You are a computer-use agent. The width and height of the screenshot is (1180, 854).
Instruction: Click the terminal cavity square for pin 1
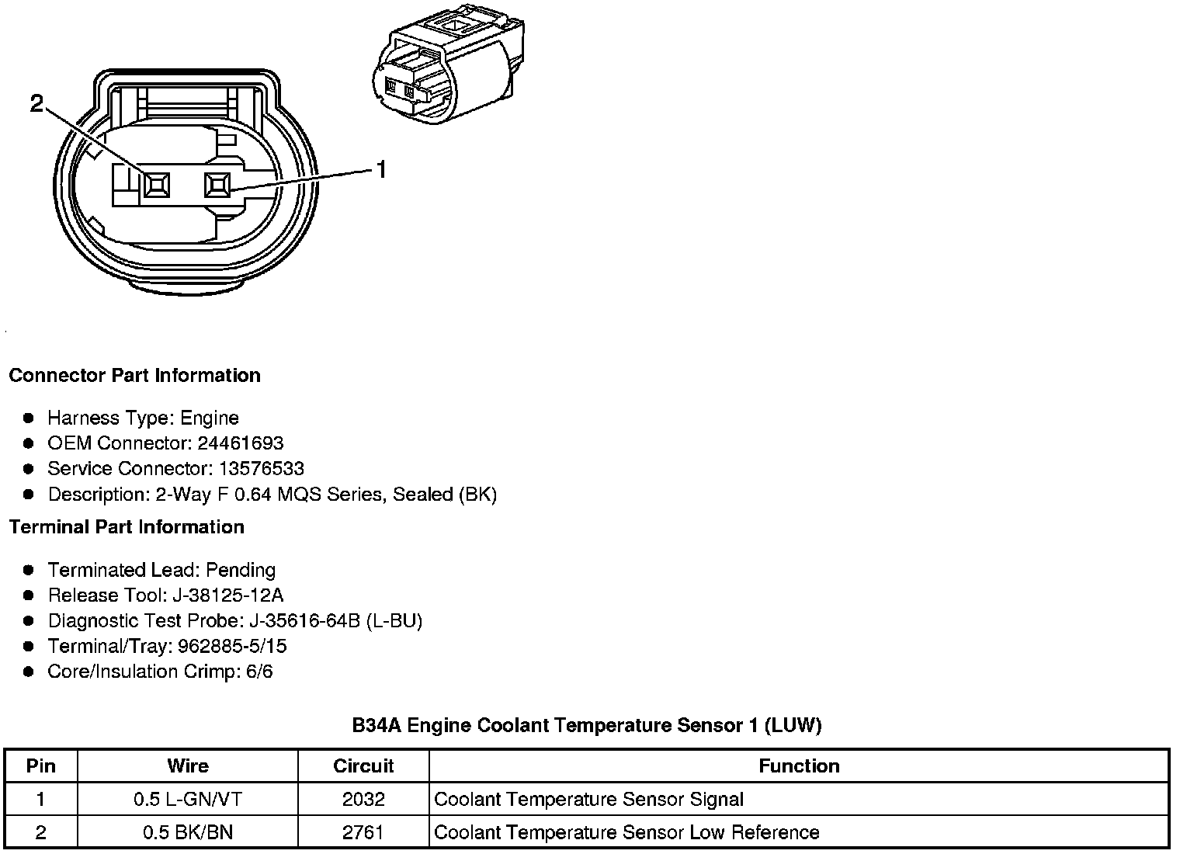tap(217, 186)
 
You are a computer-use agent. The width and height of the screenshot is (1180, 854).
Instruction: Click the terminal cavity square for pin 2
tap(157, 186)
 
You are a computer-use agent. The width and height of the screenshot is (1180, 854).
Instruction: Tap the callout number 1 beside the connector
tap(381, 169)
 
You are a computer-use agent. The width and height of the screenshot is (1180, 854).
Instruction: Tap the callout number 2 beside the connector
tap(37, 102)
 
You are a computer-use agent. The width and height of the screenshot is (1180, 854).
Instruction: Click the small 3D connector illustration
tap(447, 66)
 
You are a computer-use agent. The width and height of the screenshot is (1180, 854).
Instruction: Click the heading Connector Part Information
tap(134, 376)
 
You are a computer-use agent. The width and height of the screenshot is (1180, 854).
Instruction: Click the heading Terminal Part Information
tap(127, 527)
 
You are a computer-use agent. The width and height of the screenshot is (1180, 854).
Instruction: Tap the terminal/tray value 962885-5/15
tap(232, 646)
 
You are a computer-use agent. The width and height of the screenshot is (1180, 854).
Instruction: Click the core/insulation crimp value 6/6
tap(259, 672)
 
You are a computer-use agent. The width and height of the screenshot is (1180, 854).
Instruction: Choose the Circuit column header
tap(363, 766)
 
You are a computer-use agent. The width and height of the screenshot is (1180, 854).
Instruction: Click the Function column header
tap(799, 766)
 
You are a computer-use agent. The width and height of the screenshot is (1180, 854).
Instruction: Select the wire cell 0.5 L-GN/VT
tap(188, 800)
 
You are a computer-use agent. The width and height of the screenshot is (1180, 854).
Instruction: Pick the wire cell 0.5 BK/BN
tap(188, 833)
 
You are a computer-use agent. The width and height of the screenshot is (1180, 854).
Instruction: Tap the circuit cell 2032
tap(363, 800)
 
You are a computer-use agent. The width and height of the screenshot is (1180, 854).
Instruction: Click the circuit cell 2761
tap(363, 833)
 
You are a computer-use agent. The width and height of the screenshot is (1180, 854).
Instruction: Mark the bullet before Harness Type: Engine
tap(29, 418)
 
